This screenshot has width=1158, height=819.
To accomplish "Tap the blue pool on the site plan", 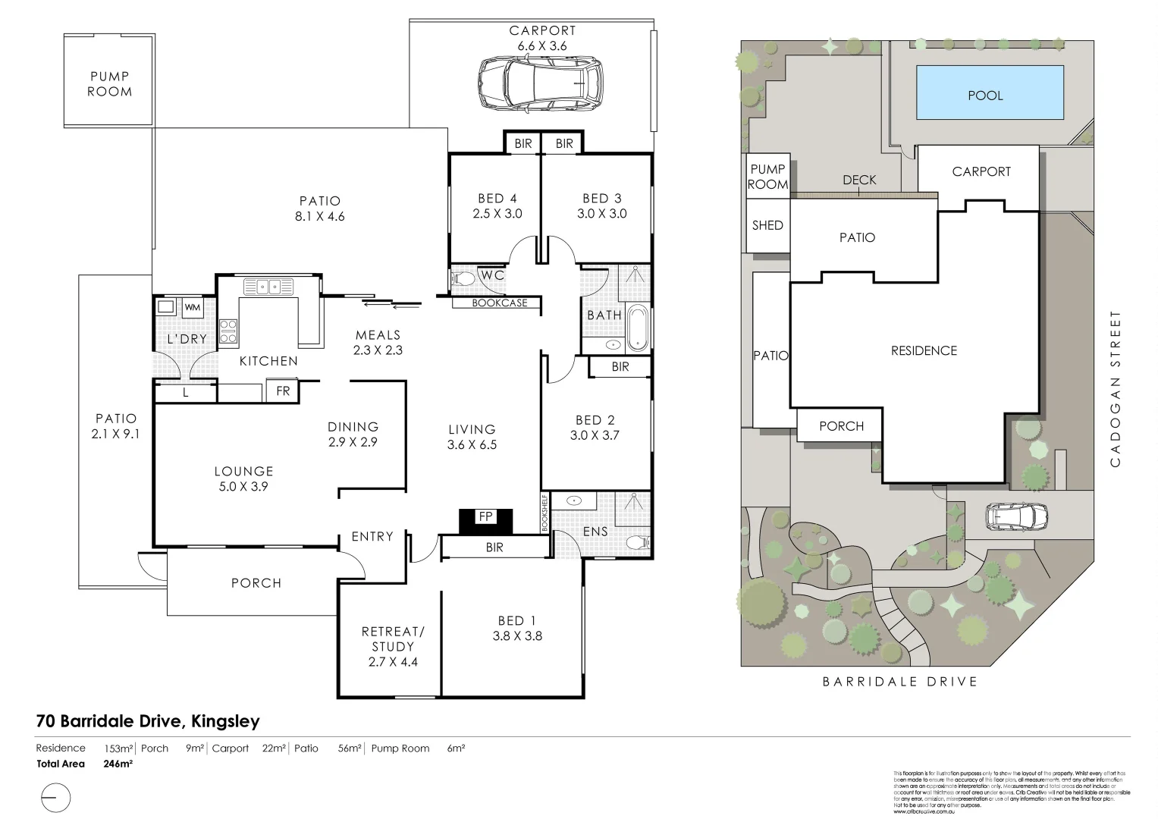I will (x=989, y=93).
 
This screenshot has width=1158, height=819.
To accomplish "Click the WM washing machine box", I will (x=193, y=307).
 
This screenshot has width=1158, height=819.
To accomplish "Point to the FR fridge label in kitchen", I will (x=283, y=391).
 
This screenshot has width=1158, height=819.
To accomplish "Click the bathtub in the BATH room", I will (x=638, y=327).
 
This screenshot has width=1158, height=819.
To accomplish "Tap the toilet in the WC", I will (x=463, y=279).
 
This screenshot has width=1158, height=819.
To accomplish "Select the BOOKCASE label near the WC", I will (x=499, y=303).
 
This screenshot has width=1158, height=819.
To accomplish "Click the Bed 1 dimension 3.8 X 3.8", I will (x=517, y=636).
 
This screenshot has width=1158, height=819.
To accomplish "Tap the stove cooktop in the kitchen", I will (x=228, y=332).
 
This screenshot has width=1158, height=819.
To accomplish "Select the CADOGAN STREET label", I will (x=1114, y=388).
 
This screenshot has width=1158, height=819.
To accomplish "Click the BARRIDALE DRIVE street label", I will (x=899, y=682).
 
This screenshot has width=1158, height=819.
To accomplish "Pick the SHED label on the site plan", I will (x=767, y=225).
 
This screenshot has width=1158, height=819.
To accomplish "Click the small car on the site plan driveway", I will (x=1016, y=518).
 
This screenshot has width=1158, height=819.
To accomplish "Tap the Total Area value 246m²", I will (x=118, y=764).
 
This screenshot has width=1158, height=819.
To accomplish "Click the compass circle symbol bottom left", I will (x=54, y=799).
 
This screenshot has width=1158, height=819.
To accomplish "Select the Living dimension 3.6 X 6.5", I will (x=472, y=445).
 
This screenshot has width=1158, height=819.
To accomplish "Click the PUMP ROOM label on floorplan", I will (x=110, y=84).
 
